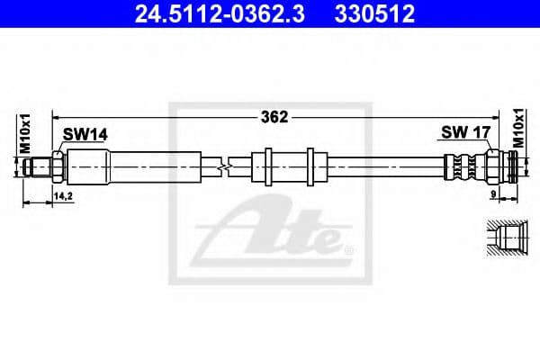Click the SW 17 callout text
(465, 134)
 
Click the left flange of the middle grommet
(267, 165)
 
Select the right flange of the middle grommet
(310, 165)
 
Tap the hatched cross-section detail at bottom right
(504, 239)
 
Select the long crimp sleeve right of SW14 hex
(135, 166)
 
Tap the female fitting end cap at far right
(511, 166)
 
